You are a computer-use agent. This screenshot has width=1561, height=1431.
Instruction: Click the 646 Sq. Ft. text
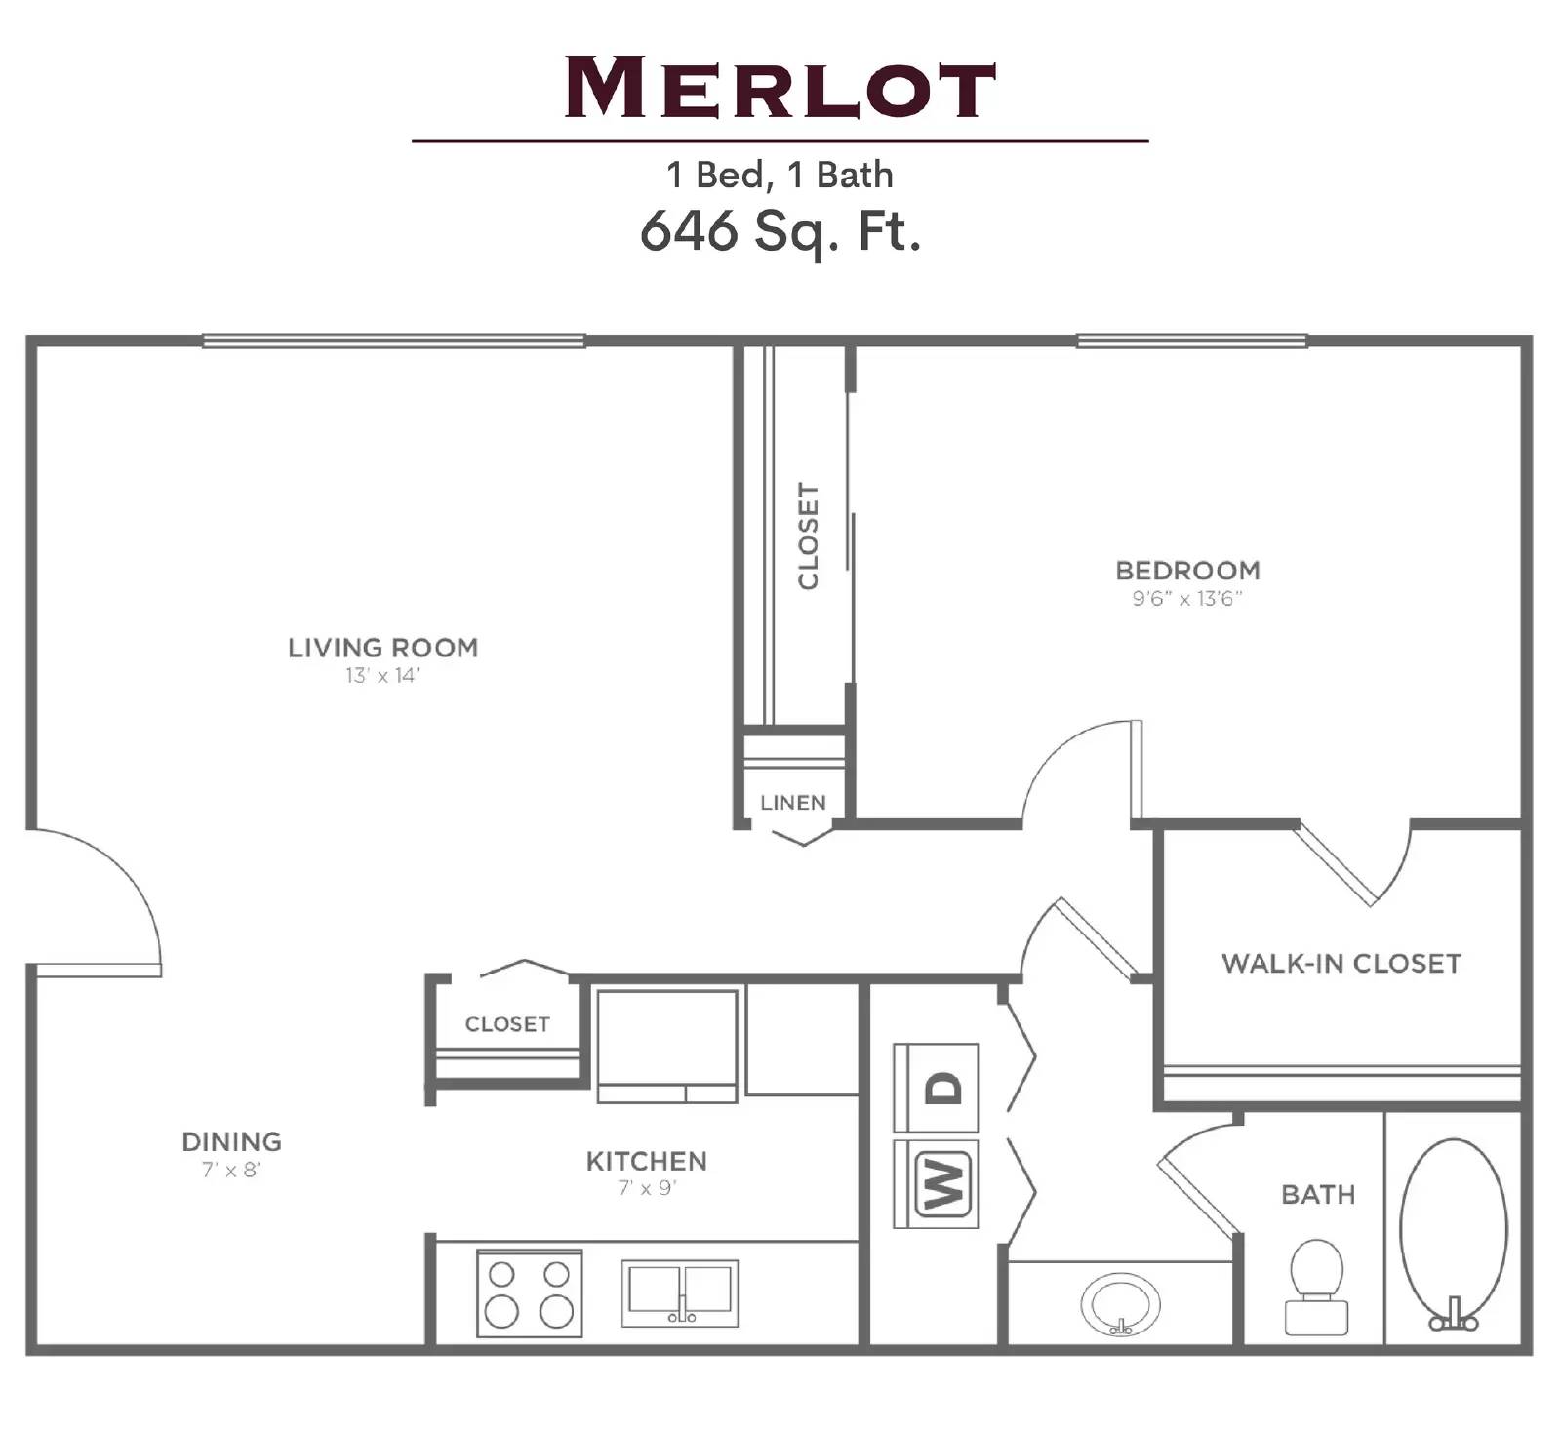click(780, 231)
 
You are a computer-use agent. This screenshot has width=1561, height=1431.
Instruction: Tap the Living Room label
click(382, 648)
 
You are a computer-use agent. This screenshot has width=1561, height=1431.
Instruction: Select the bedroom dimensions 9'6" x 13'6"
click(1187, 599)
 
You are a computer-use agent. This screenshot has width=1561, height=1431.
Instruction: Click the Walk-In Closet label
click(1341, 964)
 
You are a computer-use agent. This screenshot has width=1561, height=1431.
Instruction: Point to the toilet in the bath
click(1316, 1287)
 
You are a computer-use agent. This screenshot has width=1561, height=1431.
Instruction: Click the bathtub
click(1453, 1231)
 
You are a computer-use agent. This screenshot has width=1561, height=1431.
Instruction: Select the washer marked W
click(941, 1184)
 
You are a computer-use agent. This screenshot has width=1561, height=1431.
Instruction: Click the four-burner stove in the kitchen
click(529, 1293)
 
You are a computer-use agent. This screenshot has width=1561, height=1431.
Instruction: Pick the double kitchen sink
click(680, 1293)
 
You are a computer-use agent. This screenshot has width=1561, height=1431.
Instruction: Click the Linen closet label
click(792, 803)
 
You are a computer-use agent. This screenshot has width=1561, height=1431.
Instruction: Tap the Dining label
click(231, 1141)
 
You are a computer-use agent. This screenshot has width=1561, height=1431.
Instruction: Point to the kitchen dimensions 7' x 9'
click(647, 1188)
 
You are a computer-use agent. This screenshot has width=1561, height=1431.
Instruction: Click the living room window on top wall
click(393, 340)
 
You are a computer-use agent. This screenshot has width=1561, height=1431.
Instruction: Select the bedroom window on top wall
click(1191, 340)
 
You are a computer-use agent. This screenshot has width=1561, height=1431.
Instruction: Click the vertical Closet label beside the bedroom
click(808, 536)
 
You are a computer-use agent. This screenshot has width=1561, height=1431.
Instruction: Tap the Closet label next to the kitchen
click(507, 1024)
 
